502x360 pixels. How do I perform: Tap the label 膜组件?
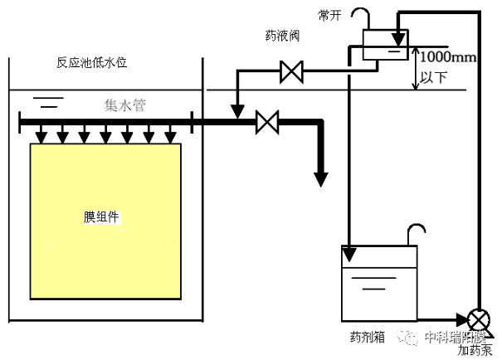point(102,217)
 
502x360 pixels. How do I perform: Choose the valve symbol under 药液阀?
point(291,72)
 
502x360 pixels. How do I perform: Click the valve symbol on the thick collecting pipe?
point(266,122)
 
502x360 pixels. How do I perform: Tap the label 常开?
point(329,16)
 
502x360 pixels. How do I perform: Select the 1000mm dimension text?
point(447,58)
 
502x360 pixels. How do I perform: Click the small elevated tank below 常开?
point(385,44)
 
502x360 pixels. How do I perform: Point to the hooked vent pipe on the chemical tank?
point(417,233)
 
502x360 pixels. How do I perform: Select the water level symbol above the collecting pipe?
point(51,103)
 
